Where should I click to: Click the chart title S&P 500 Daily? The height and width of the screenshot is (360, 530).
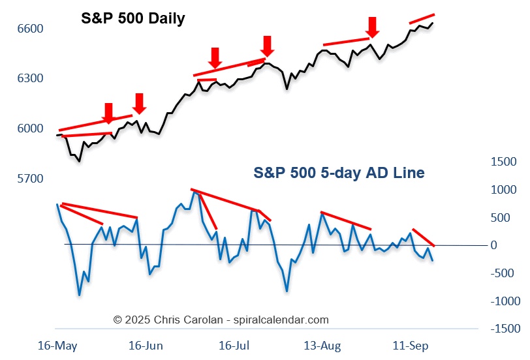click(132, 18)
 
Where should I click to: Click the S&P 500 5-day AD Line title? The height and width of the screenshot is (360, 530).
click(339, 173)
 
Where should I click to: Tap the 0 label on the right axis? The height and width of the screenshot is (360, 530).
click(493, 245)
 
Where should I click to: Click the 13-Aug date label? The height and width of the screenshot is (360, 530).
click(322, 344)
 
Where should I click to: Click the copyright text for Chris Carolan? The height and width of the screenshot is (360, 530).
click(221, 320)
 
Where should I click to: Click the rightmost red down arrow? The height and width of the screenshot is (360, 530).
click(371, 27)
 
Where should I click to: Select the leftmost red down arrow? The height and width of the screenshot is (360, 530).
click(108, 113)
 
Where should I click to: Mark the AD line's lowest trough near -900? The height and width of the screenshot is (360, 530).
click(80, 295)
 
